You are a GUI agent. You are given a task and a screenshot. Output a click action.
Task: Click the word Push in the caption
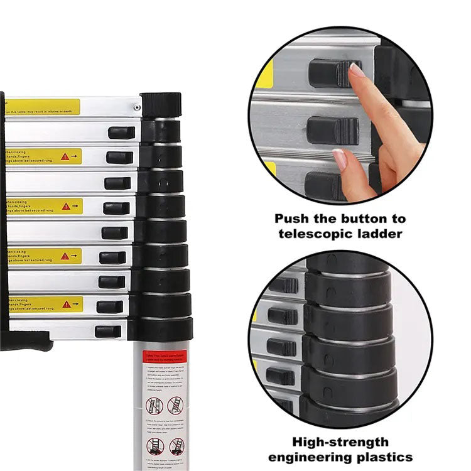point(293,220)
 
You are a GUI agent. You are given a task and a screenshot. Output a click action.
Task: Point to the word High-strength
point(341,442)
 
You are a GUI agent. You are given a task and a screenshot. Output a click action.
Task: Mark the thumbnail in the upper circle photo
point(340,159)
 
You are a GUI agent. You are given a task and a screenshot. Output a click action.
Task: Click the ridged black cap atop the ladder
point(160,104)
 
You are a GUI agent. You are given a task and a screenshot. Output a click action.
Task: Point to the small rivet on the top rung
point(136,107)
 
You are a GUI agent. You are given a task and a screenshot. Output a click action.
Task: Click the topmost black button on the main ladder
point(121,133)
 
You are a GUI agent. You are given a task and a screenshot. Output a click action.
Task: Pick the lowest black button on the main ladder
point(108,332)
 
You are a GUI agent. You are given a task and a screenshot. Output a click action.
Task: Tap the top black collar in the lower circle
point(349,286)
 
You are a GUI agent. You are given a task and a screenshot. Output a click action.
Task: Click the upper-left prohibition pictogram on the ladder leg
point(154,405)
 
